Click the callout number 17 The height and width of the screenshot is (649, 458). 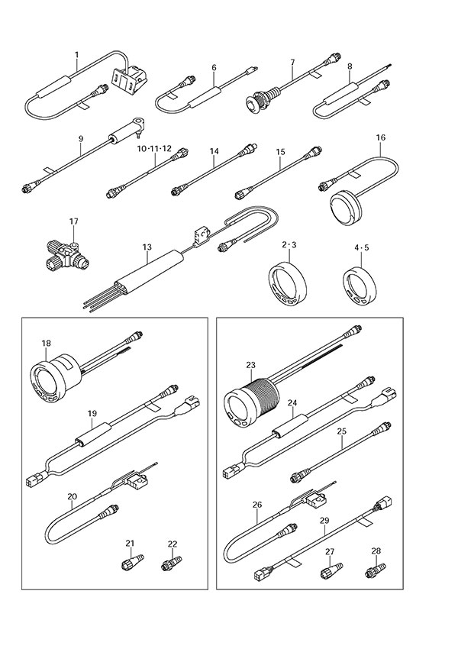coord(74,221)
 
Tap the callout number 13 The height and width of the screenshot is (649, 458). coord(147,247)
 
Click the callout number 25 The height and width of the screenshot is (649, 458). coord(342,432)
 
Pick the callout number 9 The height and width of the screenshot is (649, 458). coord(80,138)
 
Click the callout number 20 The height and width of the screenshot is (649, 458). coord(72,497)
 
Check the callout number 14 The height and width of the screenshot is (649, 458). coord(214,152)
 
